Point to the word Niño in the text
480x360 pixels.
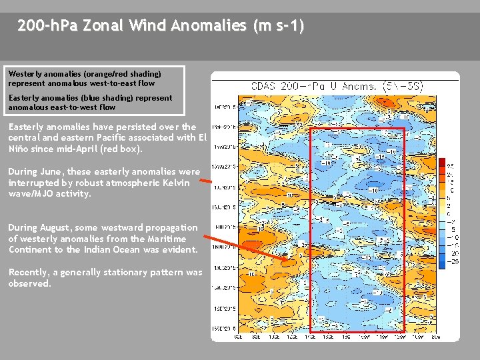(x=20, y=149)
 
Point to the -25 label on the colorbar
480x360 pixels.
(x=453, y=262)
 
